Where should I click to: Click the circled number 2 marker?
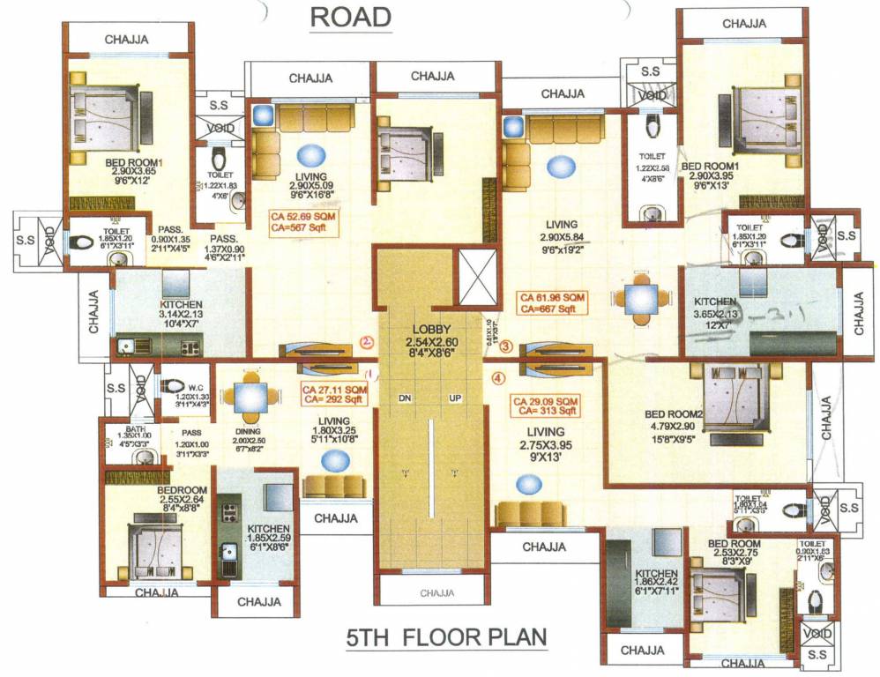(x=368, y=343)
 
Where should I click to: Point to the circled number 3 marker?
(x=505, y=346)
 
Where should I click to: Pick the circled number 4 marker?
(x=498, y=381)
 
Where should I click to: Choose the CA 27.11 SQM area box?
(x=334, y=394)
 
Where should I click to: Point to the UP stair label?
(x=456, y=398)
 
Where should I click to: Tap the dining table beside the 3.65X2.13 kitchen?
(x=640, y=297)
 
